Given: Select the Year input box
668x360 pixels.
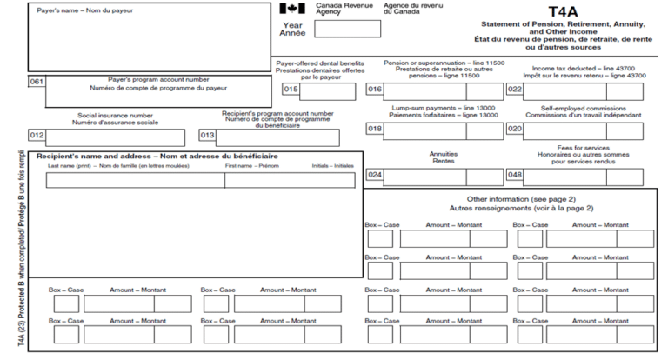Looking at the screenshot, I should (x=346, y=29).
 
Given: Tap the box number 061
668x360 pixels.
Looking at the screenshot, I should (x=37, y=82).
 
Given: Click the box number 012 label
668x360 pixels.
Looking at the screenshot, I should (x=37, y=136).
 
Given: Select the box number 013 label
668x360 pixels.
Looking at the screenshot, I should (x=207, y=136).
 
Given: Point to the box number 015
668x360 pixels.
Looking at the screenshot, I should (x=291, y=90).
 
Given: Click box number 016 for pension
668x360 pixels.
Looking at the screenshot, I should (x=375, y=90).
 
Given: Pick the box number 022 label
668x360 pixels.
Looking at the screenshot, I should (x=515, y=90).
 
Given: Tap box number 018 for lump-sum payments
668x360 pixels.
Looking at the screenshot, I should (x=375, y=130).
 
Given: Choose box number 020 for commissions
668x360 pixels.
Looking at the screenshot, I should (x=515, y=130).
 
